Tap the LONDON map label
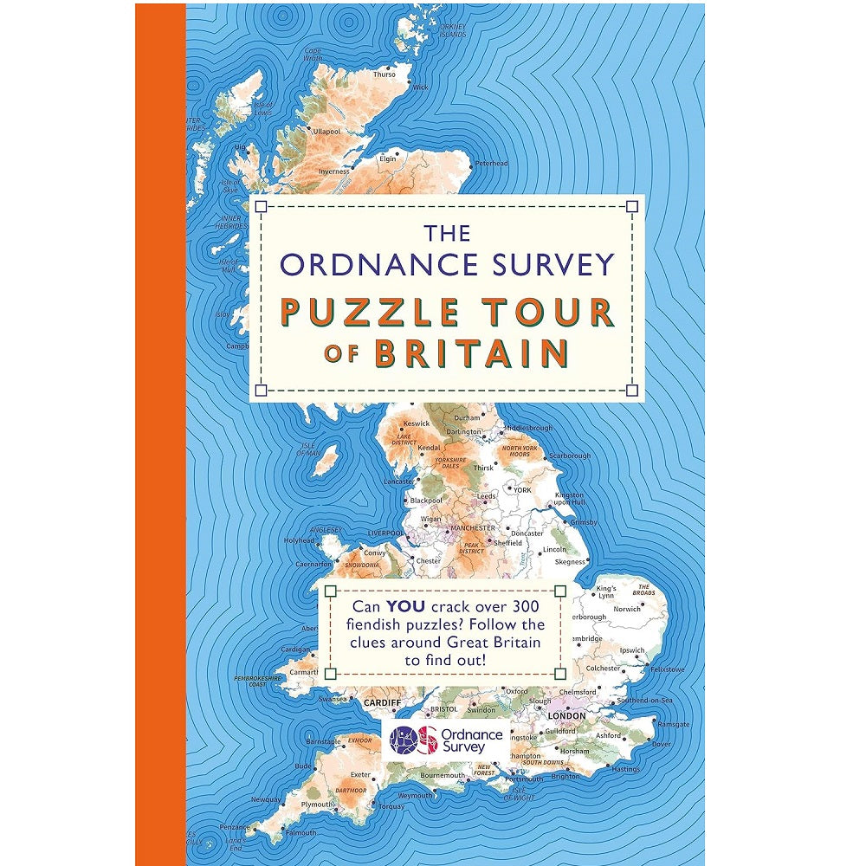click(566, 716)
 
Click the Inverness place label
click(333, 171)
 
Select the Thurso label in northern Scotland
click(384, 74)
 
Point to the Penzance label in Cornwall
click(234, 827)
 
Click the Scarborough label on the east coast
click(569, 456)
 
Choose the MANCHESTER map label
click(472, 527)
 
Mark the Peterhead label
click(491, 163)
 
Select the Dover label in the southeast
click(661, 744)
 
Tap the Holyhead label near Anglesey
click(301, 540)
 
